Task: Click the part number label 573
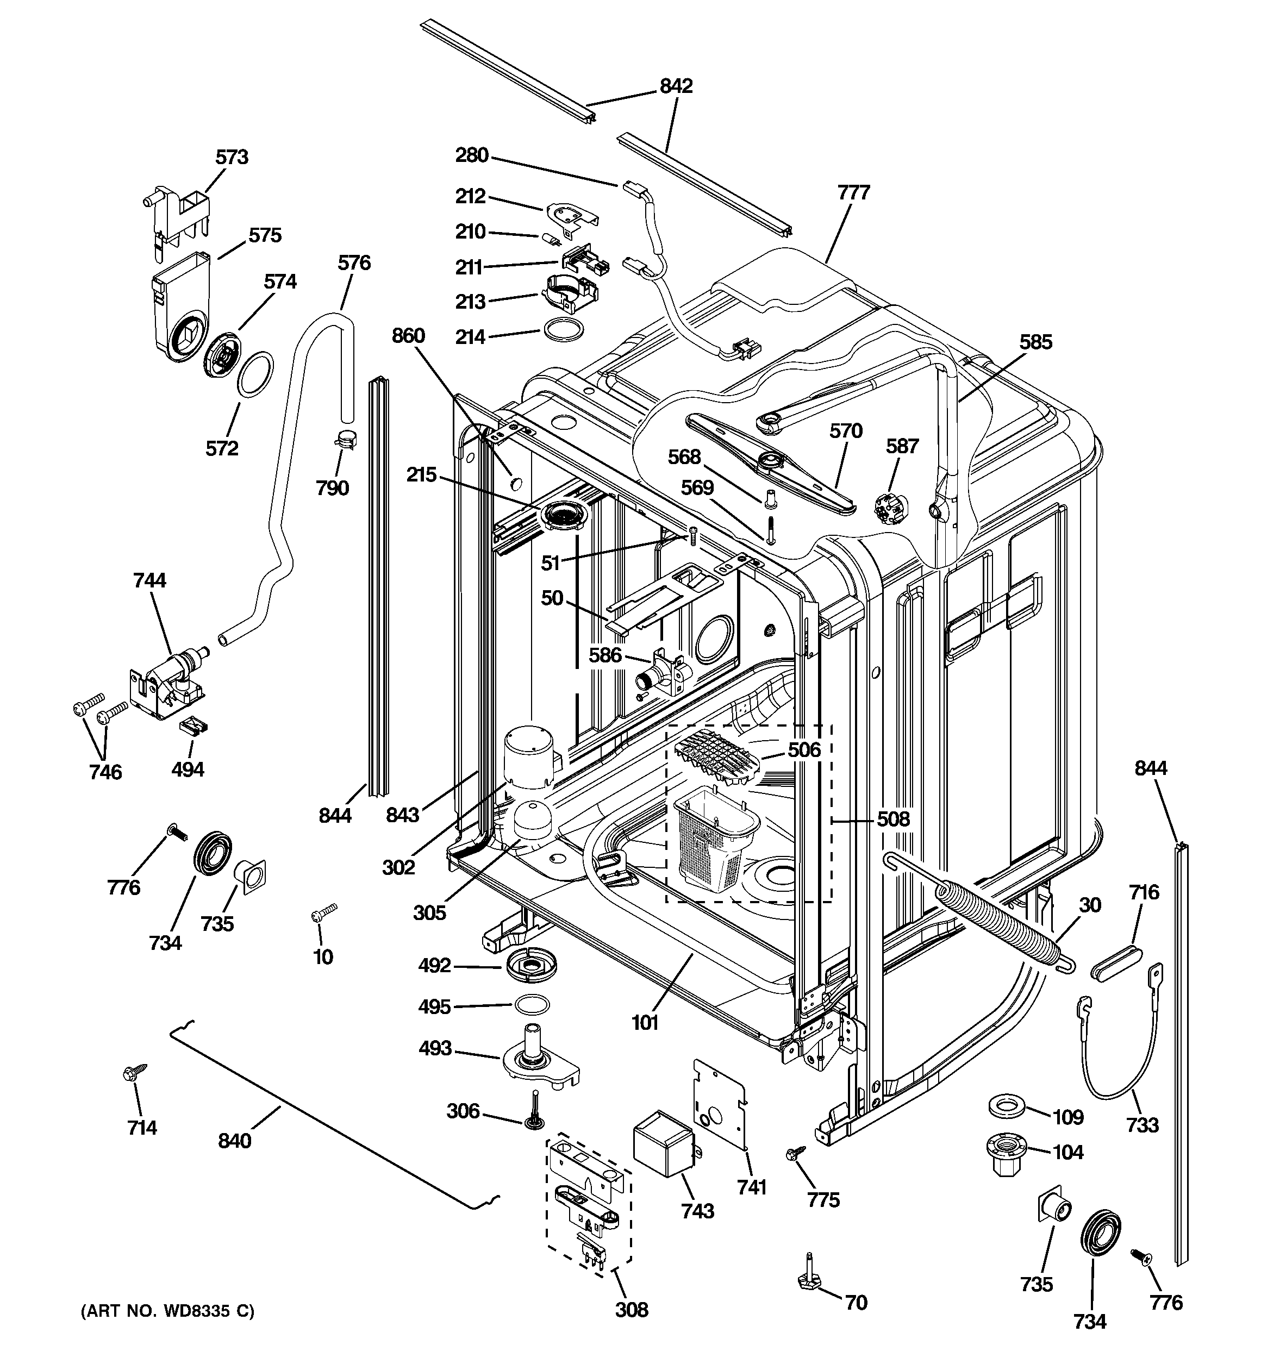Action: coord(232,157)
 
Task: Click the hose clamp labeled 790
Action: coord(346,440)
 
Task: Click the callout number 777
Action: coord(853,193)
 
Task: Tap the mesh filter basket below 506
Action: coord(716,839)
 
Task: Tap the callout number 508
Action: coord(893,819)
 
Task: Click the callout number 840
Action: coord(234,1141)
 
